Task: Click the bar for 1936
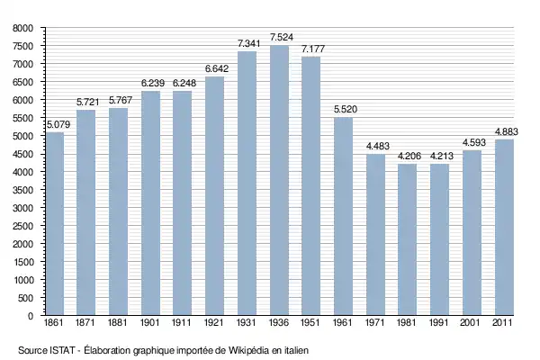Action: pyautogui.click(x=279, y=180)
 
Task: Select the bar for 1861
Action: pyautogui.click(x=55, y=224)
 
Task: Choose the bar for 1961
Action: pyautogui.click(x=343, y=216)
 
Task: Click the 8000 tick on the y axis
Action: pyautogui.click(x=21, y=28)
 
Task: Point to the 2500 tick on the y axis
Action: pyautogui.click(x=21, y=226)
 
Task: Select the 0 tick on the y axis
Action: pyautogui.click(x=30, y=316)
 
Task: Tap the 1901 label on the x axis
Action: pyautogui.click(x=151, y=323)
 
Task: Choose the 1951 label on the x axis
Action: pyautogui.click(x=310, y=323)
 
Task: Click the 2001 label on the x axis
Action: pyautogui.click(x=472, y=323)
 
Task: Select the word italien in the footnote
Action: pyautogui.click(x=296, y=349)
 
